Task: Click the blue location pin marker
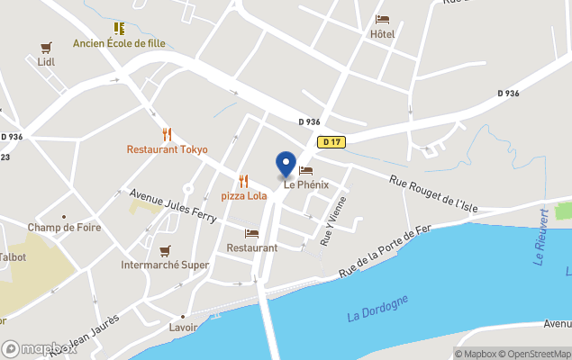pyautogui.click(x=286, y=164)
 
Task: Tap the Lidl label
pyautogui.click(x=46, y=62)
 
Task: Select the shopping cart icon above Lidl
pyautogui.click(x=46, y=47)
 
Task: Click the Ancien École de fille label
pyautogui.click(x=121, y=43)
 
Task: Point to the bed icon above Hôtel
pyautogui.click(x=382, y=19)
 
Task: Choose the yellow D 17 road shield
pyautogui.click(x=331, y=141)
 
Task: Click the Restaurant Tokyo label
pyautogui.click(x=167, y=149)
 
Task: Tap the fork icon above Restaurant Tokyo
pyautogui.click(x=167, y=134)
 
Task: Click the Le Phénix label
pyautogui.click(x=306, y=184)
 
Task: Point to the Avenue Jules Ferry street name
pyautogui.click(x=173, y=207)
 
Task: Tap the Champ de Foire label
pyautogui.click(x=64, y=228)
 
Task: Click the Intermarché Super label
pyautogui.click(x=166, y=265)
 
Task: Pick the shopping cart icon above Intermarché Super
pyautogui.click(x=165, y=250)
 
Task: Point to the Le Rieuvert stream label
pyautogui.click(x=542, y=237)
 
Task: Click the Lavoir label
pyautogui.click(x=183, y=328)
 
